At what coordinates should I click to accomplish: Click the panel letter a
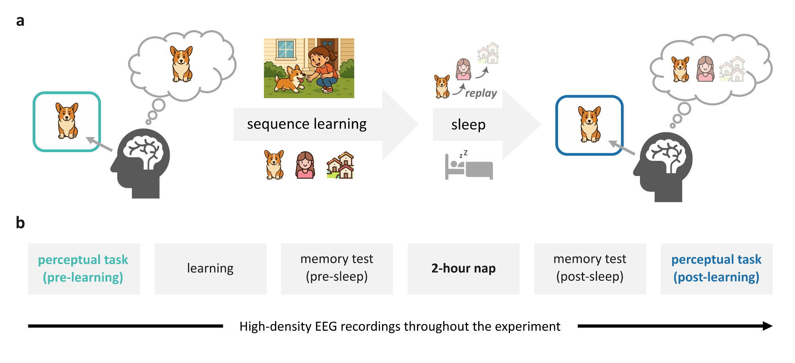pos(20,21)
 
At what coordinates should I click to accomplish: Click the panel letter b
pos(20,223)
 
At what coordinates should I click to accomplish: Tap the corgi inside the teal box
pos(67,121)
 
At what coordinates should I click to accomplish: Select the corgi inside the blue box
pos(589,124)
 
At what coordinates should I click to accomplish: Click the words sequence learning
pos(306,124)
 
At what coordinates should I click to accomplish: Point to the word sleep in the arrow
pos(468,125)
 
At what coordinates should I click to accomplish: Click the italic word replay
pos(481,93)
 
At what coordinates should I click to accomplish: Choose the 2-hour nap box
pos(463,268)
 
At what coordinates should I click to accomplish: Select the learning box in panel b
pos(210,268)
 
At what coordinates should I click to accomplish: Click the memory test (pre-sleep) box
pos(337,268)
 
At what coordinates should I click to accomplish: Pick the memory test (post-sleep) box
pos(590,268)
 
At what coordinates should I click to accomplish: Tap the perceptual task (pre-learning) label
pos(83,268)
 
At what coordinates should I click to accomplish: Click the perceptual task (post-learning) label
pos(716,268)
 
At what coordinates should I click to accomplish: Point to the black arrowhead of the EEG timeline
pos(767,326)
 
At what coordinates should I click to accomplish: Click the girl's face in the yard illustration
pos(317,60)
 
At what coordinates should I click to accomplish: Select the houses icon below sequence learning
pos(341,165)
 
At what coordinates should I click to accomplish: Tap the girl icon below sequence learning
pos(305,165)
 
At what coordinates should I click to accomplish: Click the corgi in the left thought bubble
pos(182,64)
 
